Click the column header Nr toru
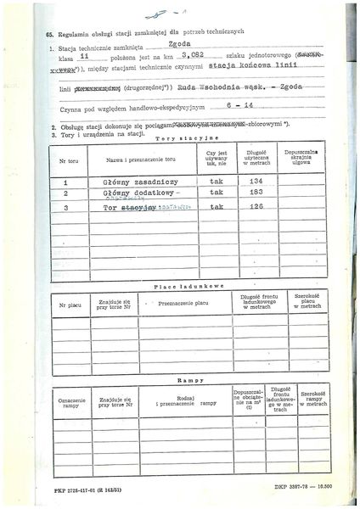pyautogui.click(x=65, y=159)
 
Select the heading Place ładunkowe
pyautogui.click(x=188, y=287)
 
